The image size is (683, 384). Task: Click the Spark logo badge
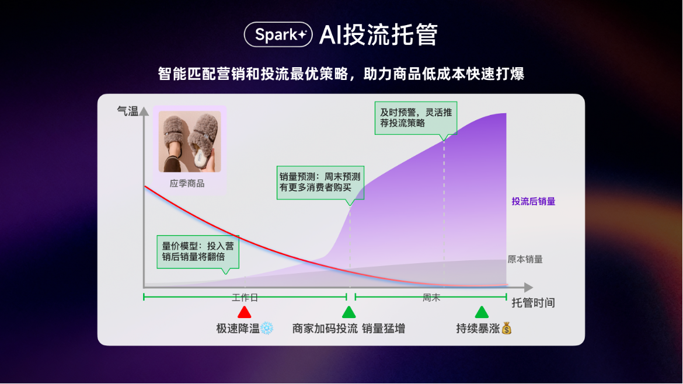pos(278,34)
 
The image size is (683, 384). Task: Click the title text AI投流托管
pos(378,35)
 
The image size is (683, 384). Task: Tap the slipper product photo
pos(190,141)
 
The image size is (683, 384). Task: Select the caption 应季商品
pos(187,183)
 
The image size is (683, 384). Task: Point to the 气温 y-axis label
pos(127,111)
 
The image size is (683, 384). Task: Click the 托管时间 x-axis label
pos(533,302)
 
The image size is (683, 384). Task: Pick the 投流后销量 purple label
pos(533,201)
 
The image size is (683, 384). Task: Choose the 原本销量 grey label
pos(525,260)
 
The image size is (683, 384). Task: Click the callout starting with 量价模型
pos(198,253)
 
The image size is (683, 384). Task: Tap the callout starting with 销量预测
pos(320,183)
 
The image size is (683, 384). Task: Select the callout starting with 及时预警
pos(416,118)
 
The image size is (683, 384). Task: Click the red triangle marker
pos(245,312)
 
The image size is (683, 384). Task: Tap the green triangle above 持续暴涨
pos(482,312)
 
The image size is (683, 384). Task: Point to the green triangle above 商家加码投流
pos(349,312)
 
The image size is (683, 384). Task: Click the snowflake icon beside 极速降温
pos(267,329)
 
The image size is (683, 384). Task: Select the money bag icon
pos(507,328)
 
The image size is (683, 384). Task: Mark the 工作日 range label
pos(245,298)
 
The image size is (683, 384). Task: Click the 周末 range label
pos(431,298)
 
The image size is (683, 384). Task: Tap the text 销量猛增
pos(384,329)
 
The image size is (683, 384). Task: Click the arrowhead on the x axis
pos(528,287)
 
